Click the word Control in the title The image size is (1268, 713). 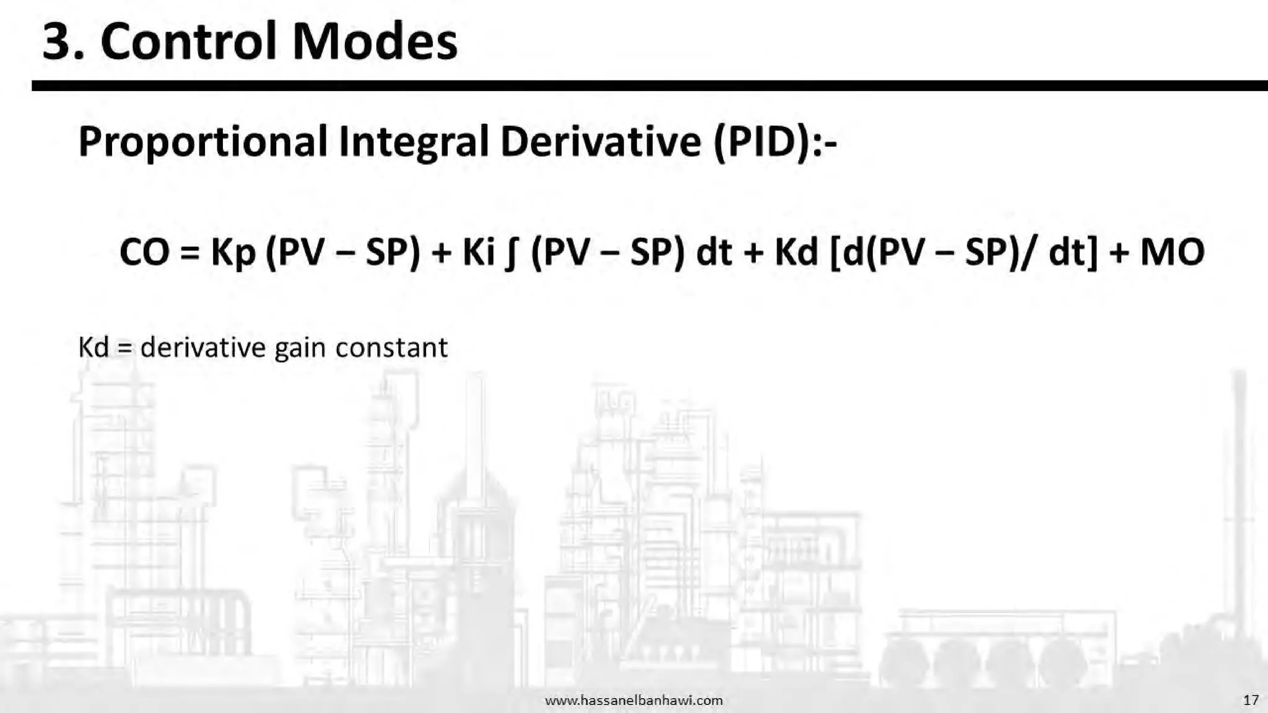pos(188,42)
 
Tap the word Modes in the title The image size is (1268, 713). pos(375,42)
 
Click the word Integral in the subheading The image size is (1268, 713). pos(414,142)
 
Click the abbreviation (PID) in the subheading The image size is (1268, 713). pos(762,142)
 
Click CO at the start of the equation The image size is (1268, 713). pos(144,253)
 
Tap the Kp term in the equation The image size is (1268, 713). pos(233,253)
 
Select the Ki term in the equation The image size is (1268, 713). pos(479,253)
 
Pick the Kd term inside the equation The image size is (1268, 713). pos(796,253)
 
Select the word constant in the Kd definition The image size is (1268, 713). pos(391,347)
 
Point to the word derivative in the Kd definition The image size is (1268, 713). pos(203,347)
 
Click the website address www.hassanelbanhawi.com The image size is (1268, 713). pos(633,701)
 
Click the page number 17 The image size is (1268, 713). pos(1251,700)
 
